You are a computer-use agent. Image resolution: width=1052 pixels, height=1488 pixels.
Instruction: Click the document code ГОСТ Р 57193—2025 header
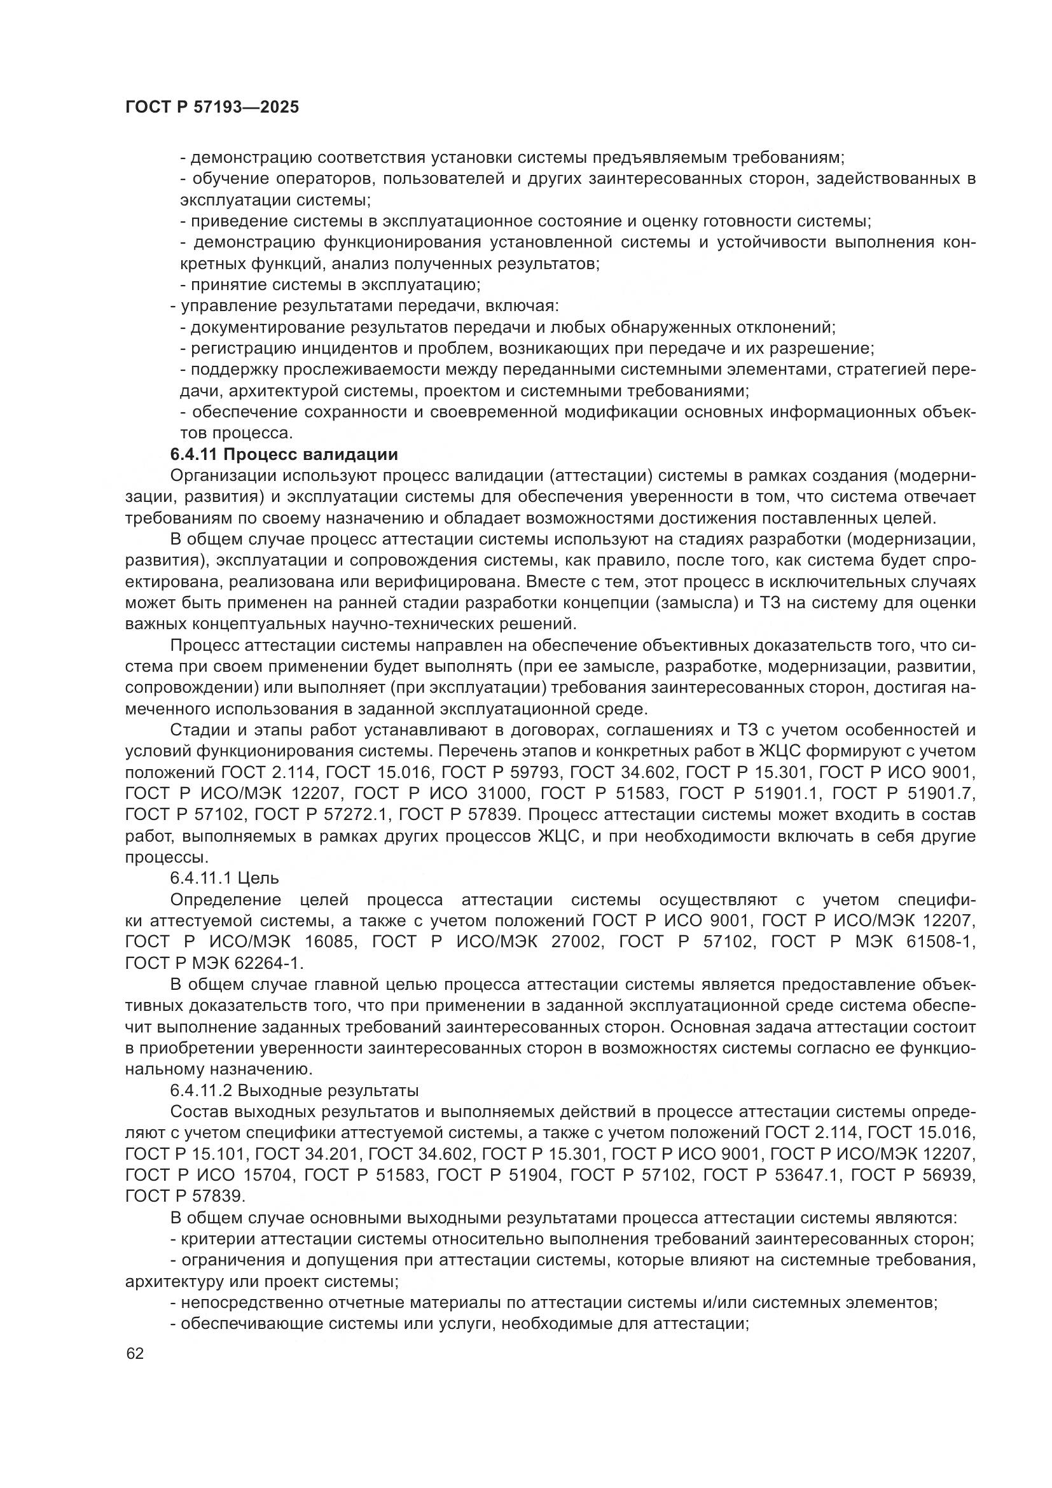click(x=212, y=108)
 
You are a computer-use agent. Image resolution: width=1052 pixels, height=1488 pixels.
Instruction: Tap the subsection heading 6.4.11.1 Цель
click(x=224, y=878)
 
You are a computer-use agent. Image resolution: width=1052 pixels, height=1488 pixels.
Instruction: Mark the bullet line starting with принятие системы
click(x=330, y=284)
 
